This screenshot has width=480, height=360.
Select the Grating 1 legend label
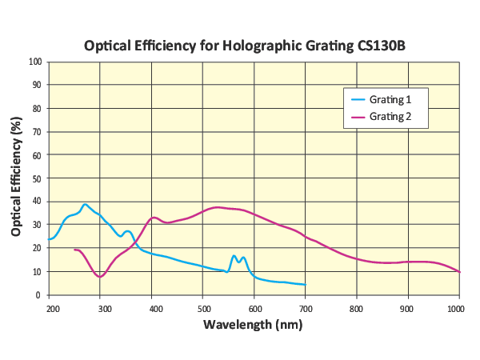tap(390, 100)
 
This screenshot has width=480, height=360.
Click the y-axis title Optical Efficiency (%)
tap(16, 177)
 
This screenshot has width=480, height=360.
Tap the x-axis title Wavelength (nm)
tap(253, 325)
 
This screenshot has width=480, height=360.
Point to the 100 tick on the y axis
tap(35, 61)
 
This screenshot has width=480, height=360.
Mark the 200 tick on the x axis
tap(52, 307)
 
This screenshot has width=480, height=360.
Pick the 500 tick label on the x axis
tap(203, 307)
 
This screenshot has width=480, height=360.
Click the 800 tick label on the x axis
tap(356, 307)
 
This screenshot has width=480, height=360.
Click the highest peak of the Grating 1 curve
tap(86, 204)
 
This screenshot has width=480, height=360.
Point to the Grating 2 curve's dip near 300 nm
tap(99, 277)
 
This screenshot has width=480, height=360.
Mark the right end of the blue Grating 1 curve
tap(305, 285)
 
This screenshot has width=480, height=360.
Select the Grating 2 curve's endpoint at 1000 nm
tap(458, 271)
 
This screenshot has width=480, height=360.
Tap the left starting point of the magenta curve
tap(74, 250)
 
